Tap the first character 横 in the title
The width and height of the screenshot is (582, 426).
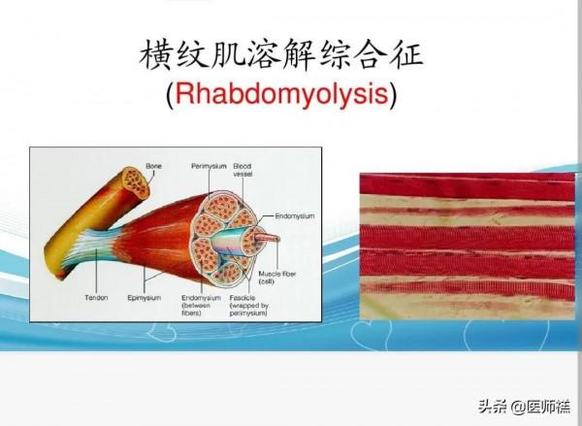tap(157, 53)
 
